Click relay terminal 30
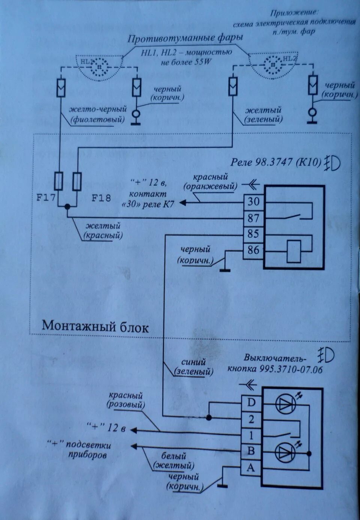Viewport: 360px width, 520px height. [253, 201]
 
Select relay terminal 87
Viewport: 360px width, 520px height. [253, 218]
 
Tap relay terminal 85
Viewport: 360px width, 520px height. [253, 234]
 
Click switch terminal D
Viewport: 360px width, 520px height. [251, 403]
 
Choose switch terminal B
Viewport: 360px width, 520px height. [251, 451]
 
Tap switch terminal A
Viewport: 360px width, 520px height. [251, 467]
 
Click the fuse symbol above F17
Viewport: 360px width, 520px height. [59, 181]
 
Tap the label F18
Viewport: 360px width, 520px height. [101, 198]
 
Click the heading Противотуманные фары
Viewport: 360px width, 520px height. [185, 38]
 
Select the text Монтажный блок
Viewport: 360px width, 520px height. [95, 326]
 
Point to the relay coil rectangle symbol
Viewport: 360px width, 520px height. [293, 251]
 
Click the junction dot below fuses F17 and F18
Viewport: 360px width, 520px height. [67, 206]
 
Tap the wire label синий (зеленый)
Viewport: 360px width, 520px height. [193, 367]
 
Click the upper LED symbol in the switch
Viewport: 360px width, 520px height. [286, 404]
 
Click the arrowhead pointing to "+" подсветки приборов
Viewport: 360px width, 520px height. [133, 446]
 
